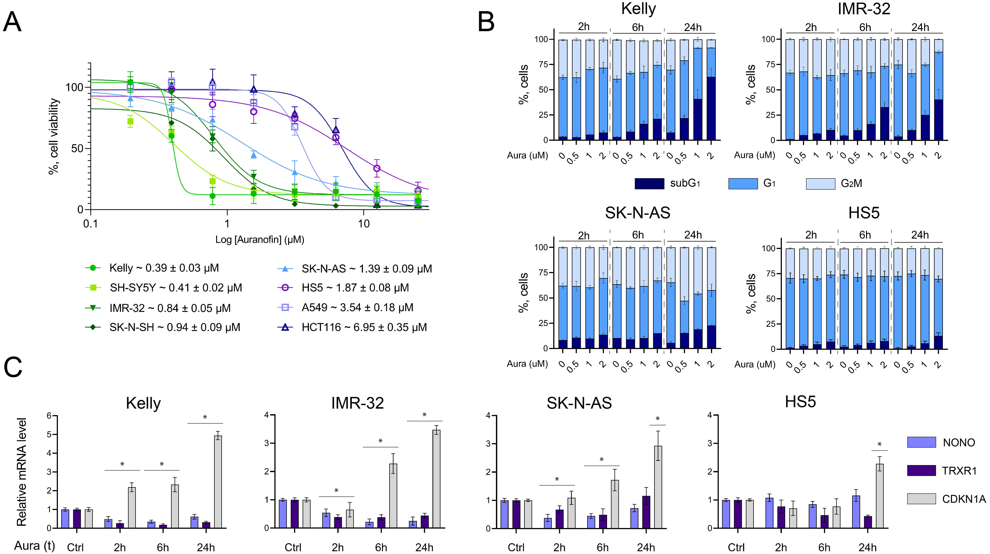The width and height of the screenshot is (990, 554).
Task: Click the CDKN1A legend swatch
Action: (921, 499)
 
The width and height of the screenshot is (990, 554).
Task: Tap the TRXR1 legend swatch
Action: (921, 470)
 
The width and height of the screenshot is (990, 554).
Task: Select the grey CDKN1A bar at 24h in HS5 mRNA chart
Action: (879, 496)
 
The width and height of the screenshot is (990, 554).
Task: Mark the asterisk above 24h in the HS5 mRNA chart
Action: (879, 445)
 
